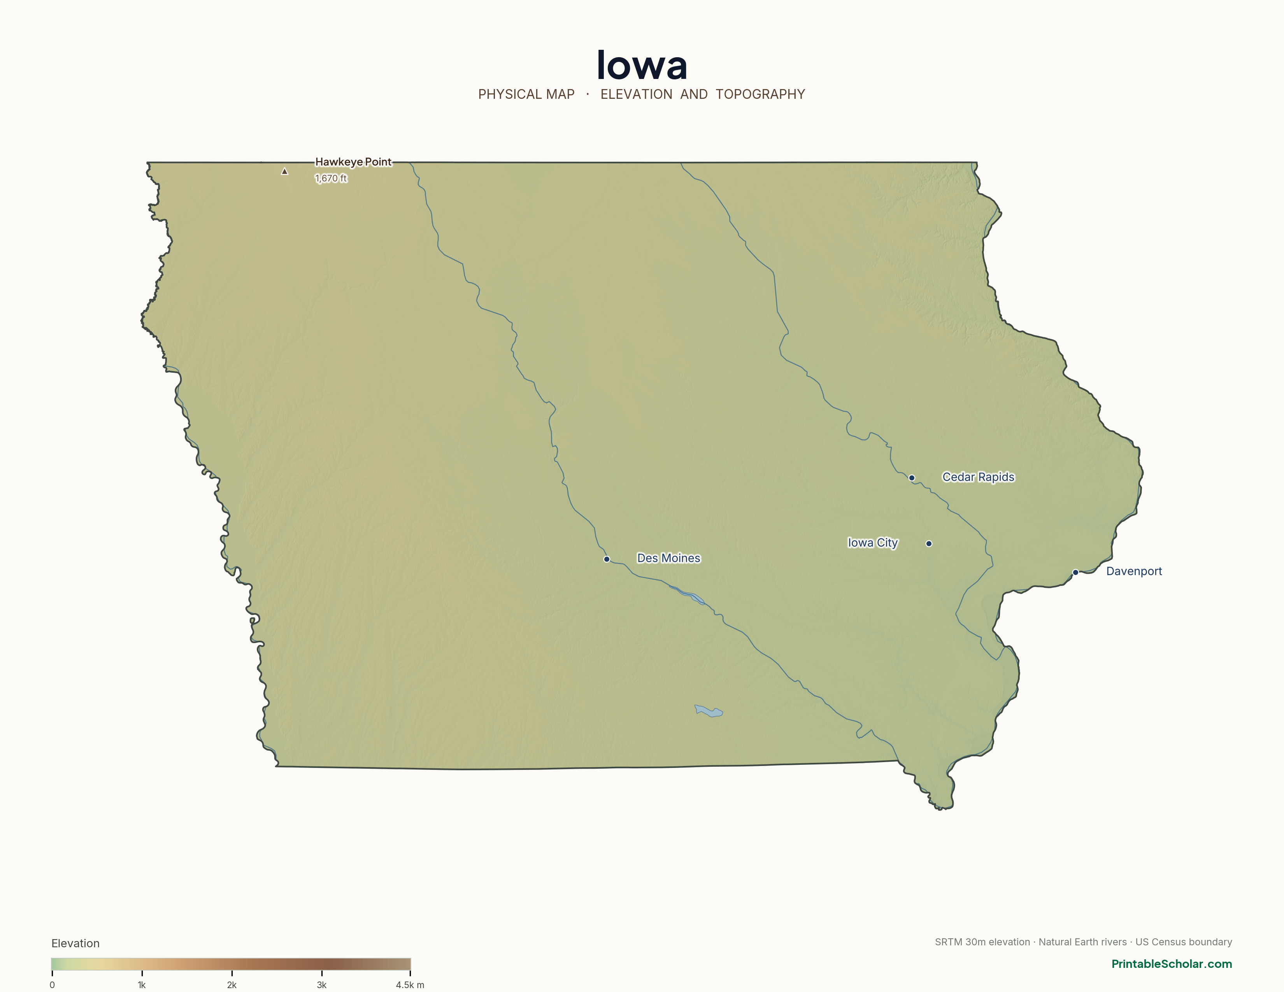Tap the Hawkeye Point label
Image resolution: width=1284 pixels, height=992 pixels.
tap(353, 161)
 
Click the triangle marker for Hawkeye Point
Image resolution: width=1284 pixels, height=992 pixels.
tap(284, 172)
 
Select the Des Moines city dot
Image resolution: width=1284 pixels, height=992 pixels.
tap(607, 559)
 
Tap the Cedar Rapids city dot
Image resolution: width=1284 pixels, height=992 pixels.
tap(911, 478)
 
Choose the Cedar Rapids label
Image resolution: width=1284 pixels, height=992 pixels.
tap(978, 477)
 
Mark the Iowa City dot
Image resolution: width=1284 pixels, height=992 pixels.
tap(929, 543)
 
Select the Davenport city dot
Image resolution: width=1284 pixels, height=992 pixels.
tap(1075, 572)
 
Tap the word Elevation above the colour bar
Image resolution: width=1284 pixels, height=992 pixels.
tap(75, 943)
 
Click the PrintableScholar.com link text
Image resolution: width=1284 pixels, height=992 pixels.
tap(1171, 964)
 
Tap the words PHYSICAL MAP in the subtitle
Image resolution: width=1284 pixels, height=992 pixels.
tap(526, 94)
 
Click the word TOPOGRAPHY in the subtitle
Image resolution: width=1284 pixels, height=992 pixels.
tap(760, 94)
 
